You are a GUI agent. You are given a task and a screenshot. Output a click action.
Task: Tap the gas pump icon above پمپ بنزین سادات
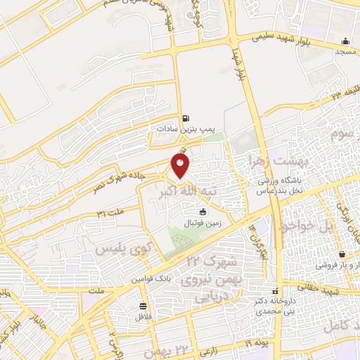tap(185, 118)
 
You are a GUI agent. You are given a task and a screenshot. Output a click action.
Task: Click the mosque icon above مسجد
tap(345, 41)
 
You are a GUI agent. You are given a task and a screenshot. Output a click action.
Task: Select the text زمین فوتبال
tap(203, 223)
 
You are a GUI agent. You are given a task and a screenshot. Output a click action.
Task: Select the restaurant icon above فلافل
tap(144, 305)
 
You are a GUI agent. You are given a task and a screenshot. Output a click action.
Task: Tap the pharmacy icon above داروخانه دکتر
tap(275, 290)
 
